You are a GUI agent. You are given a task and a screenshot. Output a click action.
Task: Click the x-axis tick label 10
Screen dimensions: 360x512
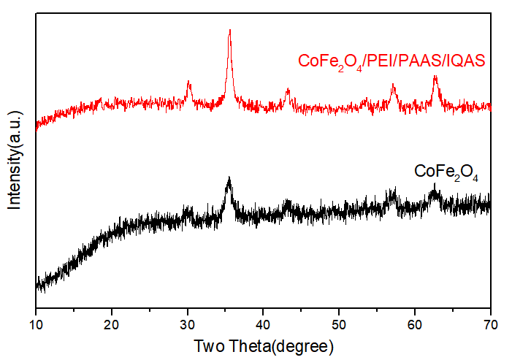(x=36, y=323)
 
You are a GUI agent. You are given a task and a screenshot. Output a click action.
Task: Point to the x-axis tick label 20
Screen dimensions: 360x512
(x=112, y=323)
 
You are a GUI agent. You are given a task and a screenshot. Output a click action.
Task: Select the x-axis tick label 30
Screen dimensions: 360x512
(x=188, y=323)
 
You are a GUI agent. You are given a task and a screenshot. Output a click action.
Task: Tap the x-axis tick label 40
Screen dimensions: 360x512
(x=263, y=323)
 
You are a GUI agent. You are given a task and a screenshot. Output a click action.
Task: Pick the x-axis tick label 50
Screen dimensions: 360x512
(x=339, y=323)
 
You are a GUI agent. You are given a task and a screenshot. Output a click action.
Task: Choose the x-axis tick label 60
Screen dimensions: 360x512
(x=415, y=323)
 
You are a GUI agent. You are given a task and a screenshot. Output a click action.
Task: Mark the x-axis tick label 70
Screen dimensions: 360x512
(x=491, y=323)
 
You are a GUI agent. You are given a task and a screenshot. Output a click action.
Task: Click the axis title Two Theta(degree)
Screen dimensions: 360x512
(x=263, y=345)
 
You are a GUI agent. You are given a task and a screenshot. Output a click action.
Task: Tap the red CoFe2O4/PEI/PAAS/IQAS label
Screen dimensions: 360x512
(x=392, y=61)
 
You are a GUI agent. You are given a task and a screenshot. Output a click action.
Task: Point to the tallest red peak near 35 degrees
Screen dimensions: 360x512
(x=230, y=31)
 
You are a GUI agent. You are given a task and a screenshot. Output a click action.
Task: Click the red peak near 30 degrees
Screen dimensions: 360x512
(x=188, y=83)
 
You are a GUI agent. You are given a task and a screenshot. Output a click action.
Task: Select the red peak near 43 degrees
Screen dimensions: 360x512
(x=288, y=90)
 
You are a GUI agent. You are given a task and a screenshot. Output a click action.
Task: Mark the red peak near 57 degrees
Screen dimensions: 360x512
(x=393, y=85)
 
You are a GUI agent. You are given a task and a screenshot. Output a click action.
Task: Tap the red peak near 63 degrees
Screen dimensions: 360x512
(x=435, y=76)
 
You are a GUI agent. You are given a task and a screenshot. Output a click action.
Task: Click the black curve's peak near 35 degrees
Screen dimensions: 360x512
(x=229, y=178)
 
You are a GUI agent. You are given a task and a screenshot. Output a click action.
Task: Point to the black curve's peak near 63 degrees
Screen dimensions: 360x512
(x=435, y=188)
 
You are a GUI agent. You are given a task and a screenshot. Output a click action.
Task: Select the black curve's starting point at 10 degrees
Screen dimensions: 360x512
(x=37, y=285)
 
